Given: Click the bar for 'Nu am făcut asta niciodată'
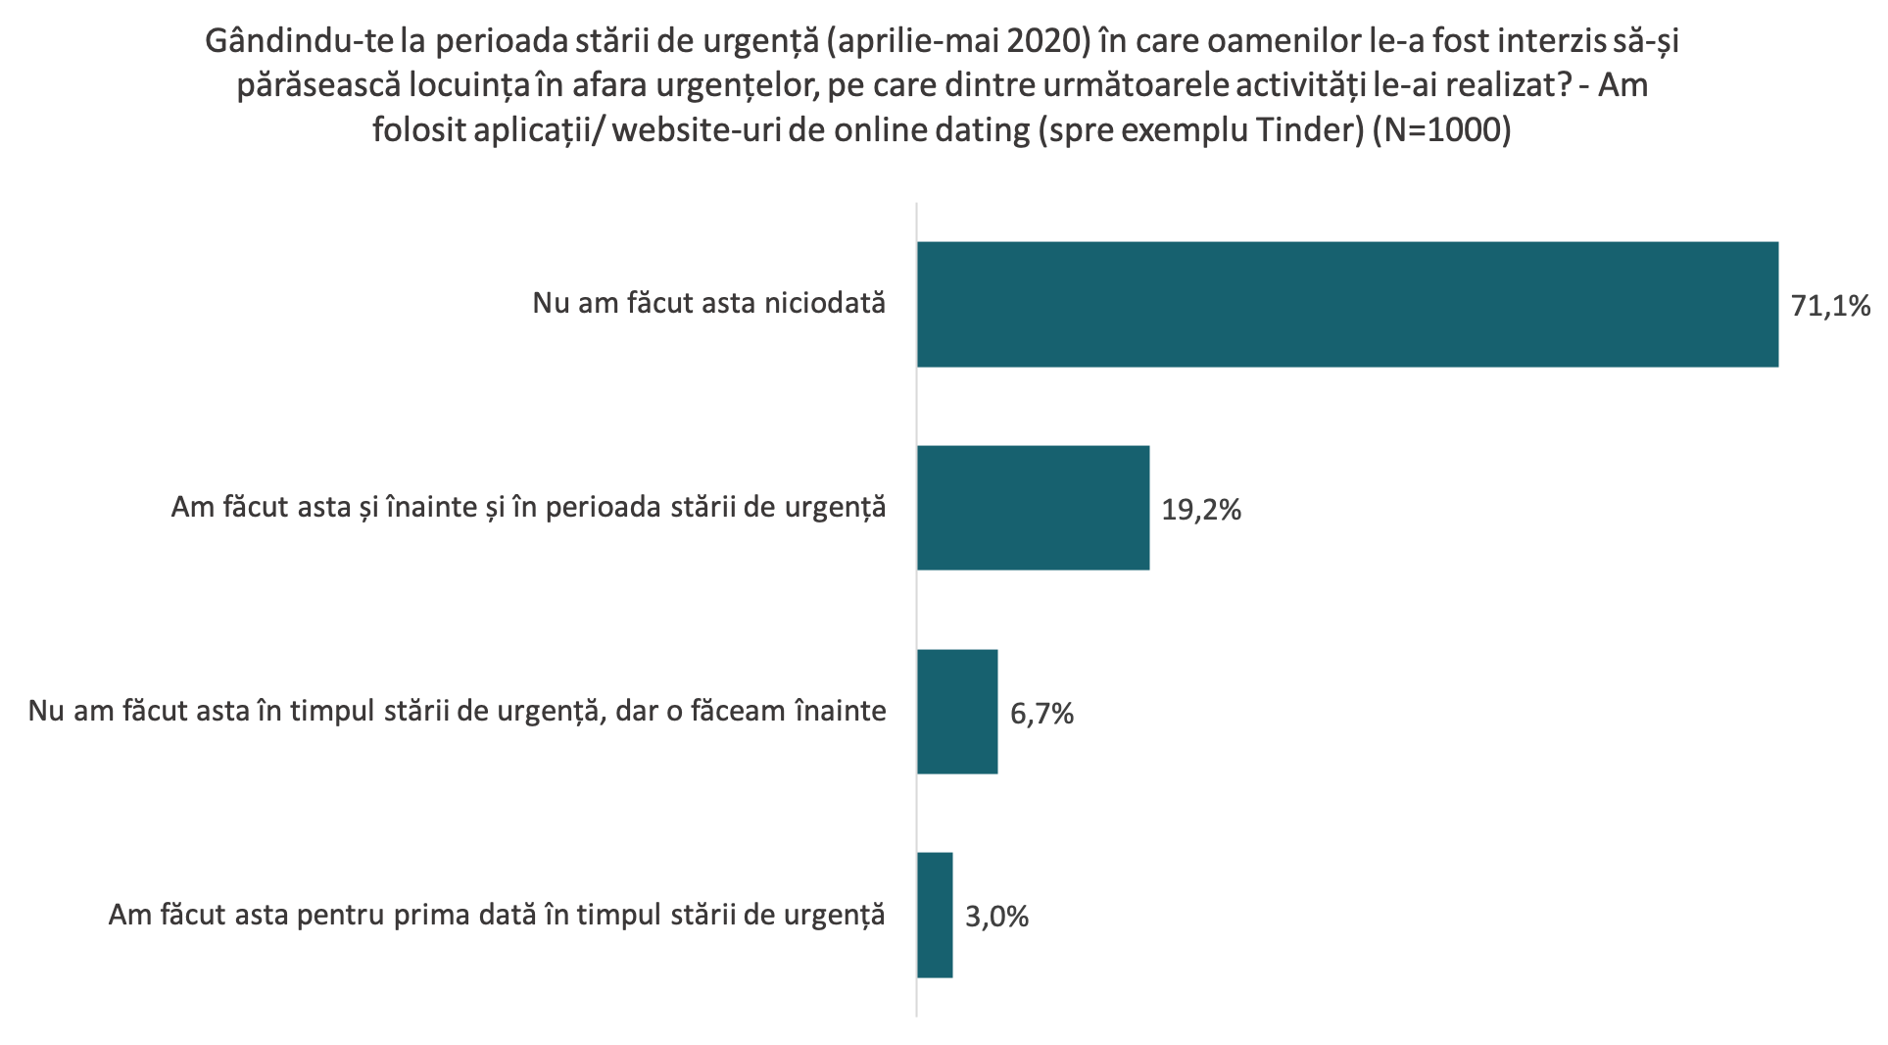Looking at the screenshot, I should click(x=1347, y=304).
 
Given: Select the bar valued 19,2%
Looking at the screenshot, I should click(x=1033, y=508).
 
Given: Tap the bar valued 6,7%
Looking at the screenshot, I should click(x=957, y=712).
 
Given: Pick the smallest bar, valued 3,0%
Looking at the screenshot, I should click(x=935, y=915).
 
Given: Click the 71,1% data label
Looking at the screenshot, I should click(x=1830, y=306).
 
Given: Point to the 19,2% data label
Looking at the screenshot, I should click(x=1201, y=510).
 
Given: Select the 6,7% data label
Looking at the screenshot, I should click(x=1041, y=714).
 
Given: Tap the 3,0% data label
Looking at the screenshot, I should click(x=996, y=918).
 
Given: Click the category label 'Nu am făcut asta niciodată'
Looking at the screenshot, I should click(x=708, y=303).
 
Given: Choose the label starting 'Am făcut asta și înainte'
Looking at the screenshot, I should click(x=528, y=508).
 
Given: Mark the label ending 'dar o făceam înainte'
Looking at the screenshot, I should click(x=458, y=711).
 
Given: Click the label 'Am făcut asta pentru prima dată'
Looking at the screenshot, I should click(x=497, y=915).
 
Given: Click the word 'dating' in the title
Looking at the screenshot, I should click(x=973, y=130).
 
